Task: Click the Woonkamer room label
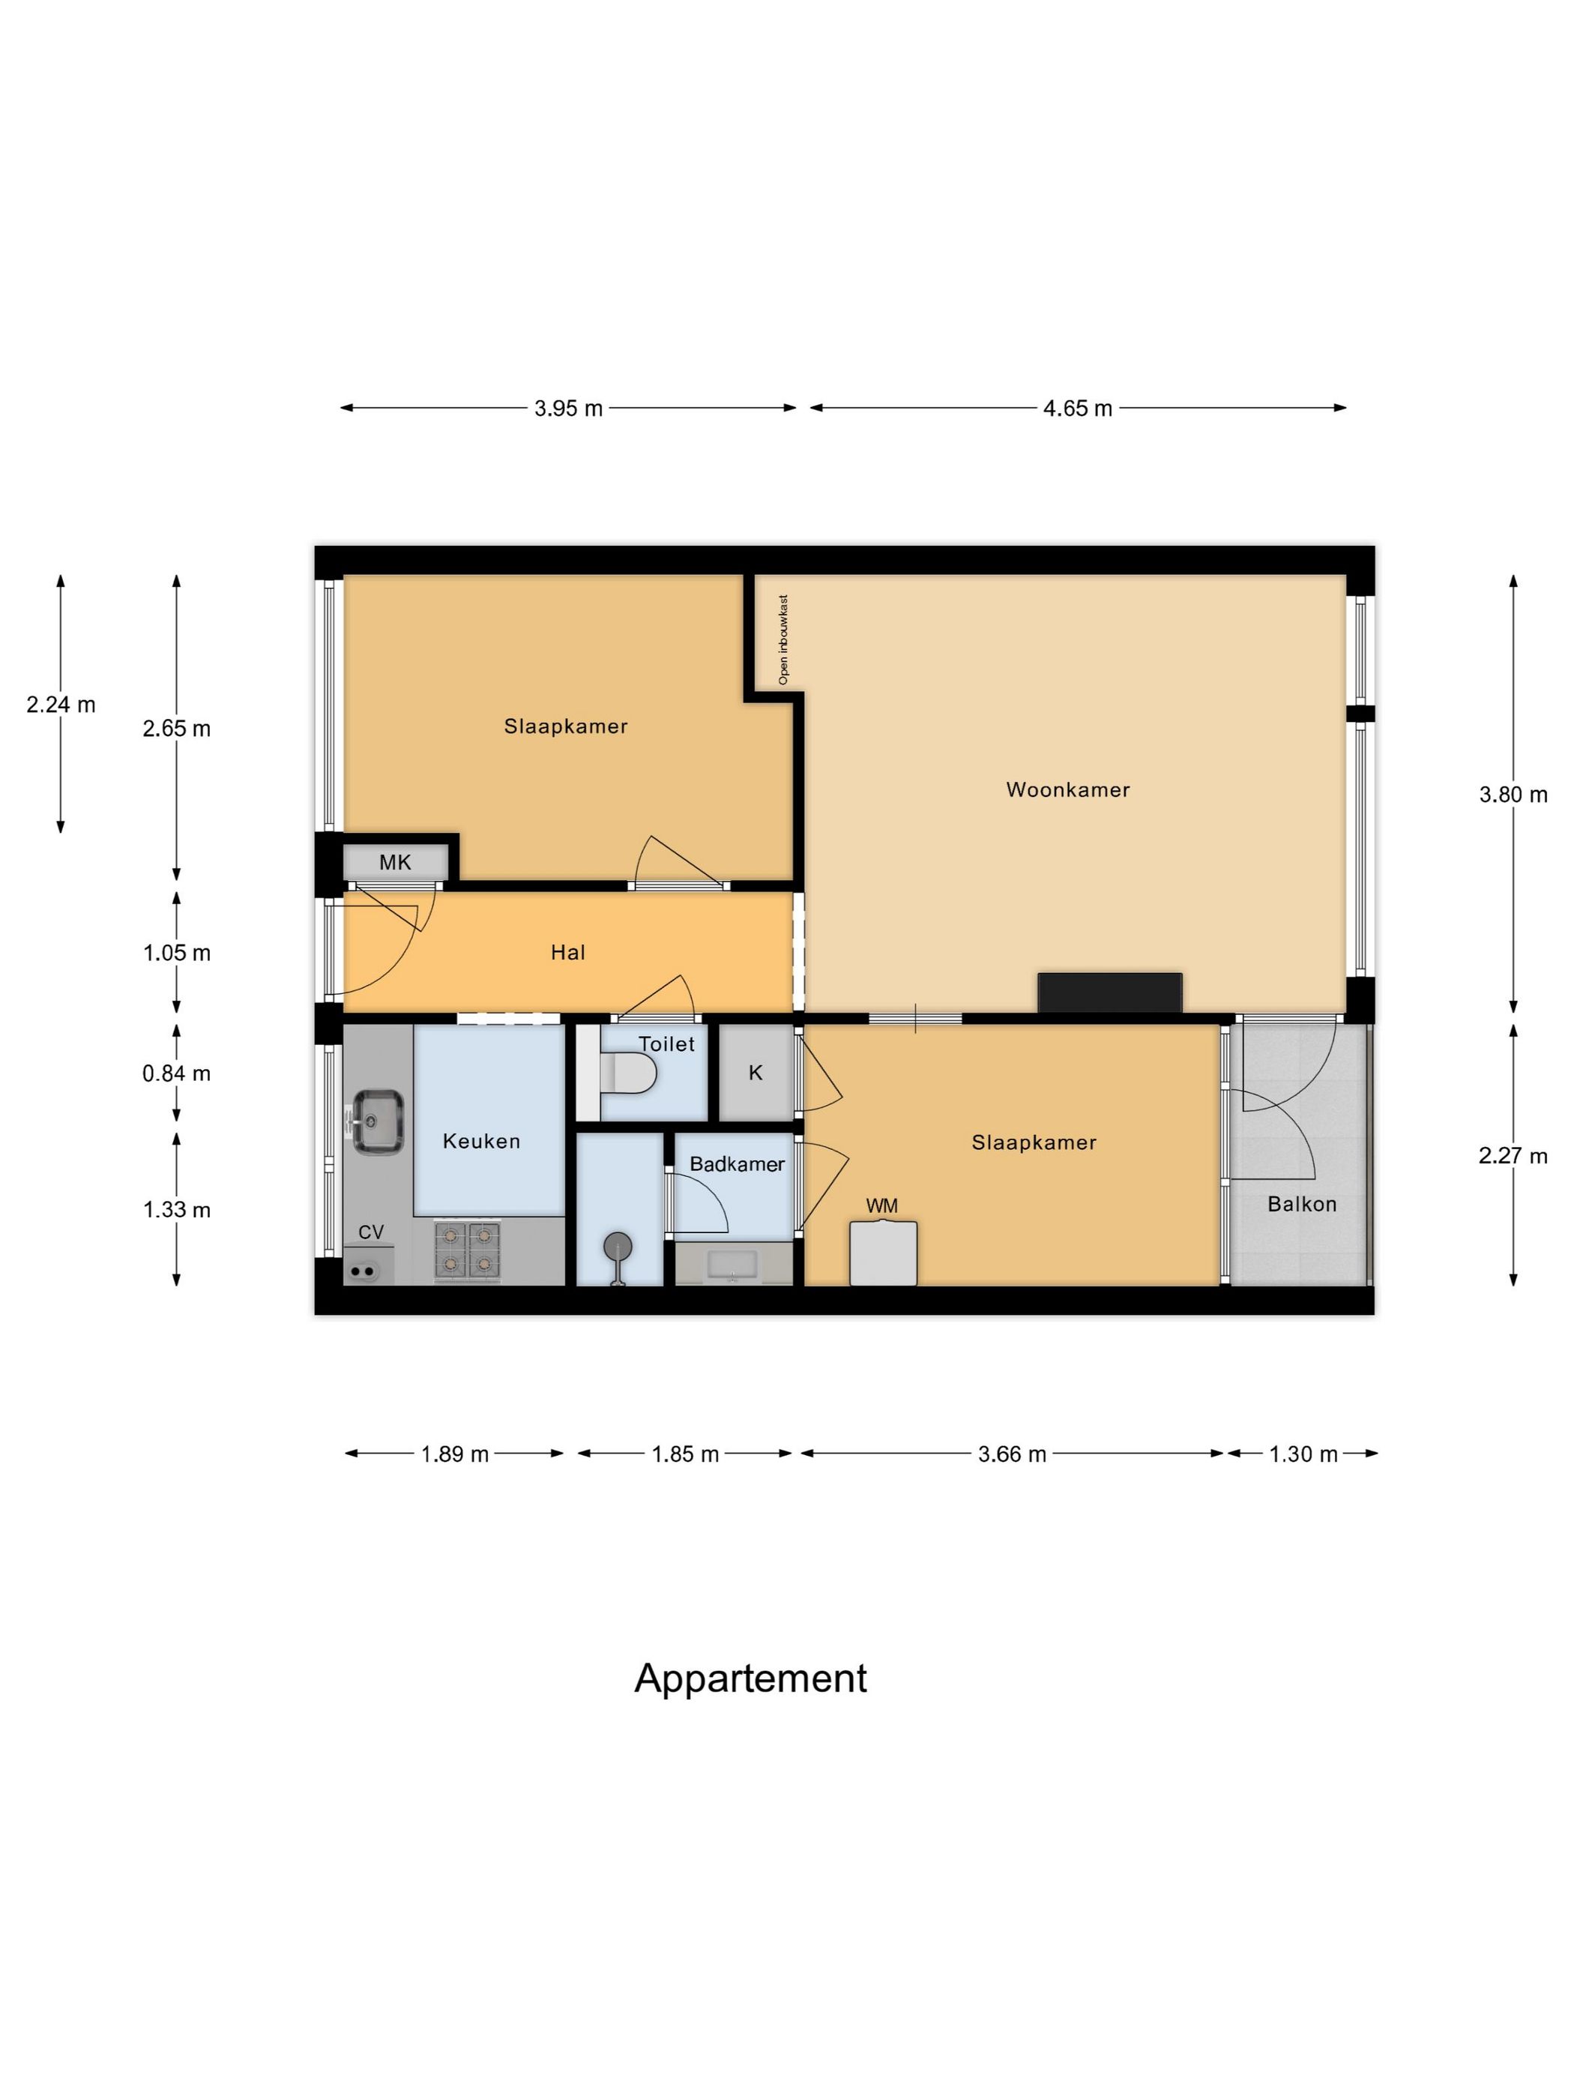pyautogui.click(x=1067, y=789)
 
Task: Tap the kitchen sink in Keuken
pyautogui.click(x=378, y=1121)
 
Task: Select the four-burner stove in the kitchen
pyautogui.click(x=467, y=1250)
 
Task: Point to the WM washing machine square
pyautogui.click(x=882, y=1253)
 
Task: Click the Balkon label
pyautogui.click(x=1302, y=1204)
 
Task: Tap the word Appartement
pyautogui.click(x=750, y=1678)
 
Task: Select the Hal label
pyautogui.click(x=568, y=953)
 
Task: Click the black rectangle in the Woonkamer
pyautogui.click(x=1110, y=993)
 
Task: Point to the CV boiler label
pyautogui.click(x=371, y=1232)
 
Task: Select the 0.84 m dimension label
pyautogui.click(x=176, y=1073)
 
